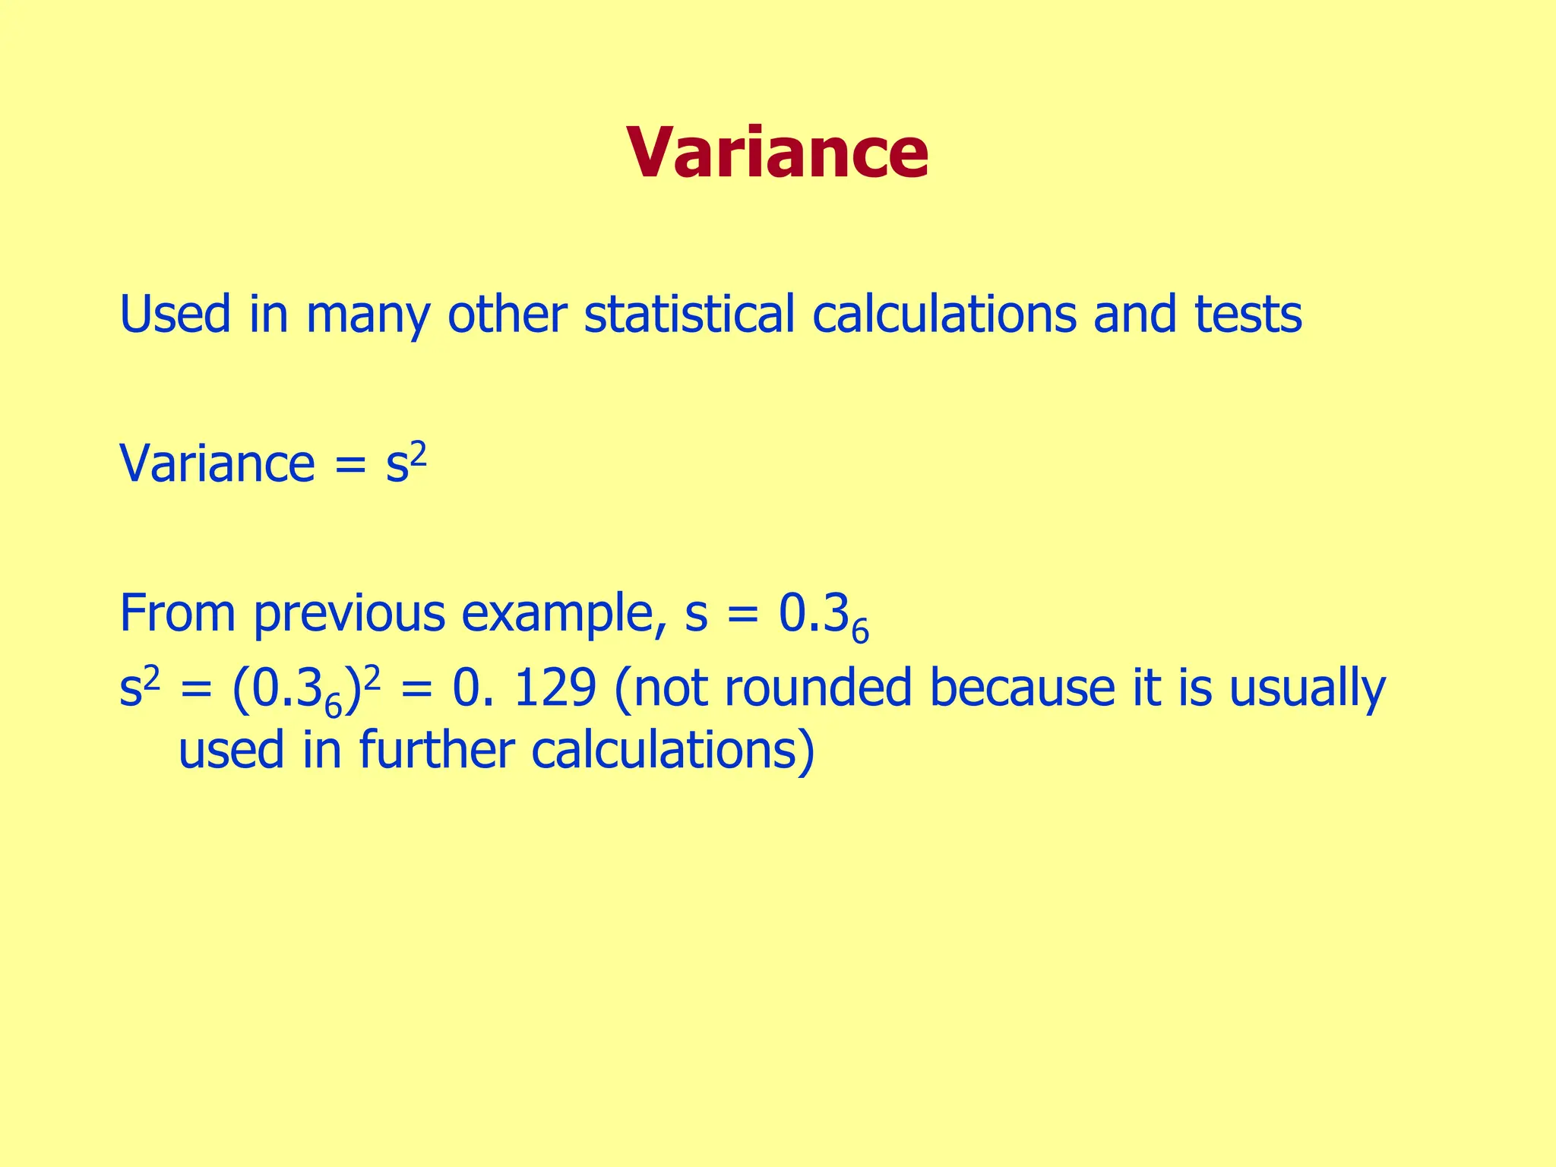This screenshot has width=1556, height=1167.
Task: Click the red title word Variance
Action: click(x=777, y=153)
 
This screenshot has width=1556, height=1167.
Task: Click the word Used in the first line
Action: click(x=175, y=314)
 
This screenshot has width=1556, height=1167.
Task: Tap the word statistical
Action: click(x=688, y=314)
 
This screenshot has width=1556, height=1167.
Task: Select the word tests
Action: click(x=1248, y=314)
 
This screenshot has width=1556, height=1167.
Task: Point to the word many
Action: click(x=368, y=315)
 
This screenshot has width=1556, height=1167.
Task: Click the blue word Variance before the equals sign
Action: click(x=217, y=463)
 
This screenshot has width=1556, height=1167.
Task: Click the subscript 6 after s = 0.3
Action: click(x=859, y=631)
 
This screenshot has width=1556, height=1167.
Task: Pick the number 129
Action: click(x=555, y=689)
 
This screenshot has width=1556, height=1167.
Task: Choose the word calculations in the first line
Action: click(x=944, y=314)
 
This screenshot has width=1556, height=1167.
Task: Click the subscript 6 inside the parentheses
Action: click(x=332, y=706)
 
